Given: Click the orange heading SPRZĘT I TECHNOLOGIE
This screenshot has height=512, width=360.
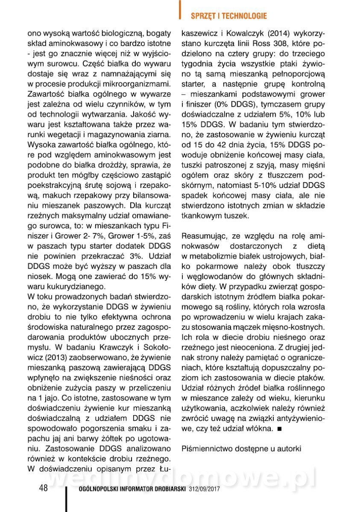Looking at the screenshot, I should click(x=228, y=16).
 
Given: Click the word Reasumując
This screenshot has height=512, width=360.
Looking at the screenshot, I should click(x=205, y=235).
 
